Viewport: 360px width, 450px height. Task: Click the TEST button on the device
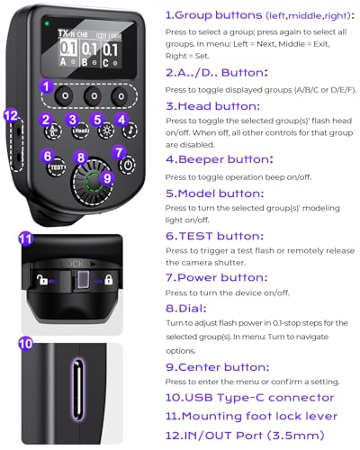(x=57, y=166)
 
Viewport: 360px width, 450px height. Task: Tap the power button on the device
(x=128, y=166)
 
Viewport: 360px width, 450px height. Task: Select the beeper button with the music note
(x=130, y=130)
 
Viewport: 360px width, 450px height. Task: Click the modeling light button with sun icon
(x=105, y=130)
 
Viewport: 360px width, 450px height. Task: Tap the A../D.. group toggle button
(x=53, y=131)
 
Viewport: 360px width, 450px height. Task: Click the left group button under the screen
(x=65, y=96)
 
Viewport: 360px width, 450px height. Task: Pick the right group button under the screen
(x=121, y=96)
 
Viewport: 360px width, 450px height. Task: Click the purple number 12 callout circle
(x=11, y=115)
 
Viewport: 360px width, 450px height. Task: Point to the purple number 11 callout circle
(x=26, y=239)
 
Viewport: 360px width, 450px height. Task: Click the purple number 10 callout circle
(x=26, y=343)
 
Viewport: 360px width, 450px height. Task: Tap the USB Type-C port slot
(x=77, y=390)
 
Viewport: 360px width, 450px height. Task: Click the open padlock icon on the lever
(x=42, y=280)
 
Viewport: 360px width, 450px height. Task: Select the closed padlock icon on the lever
(x=108, y=280)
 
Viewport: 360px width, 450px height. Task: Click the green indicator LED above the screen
(x=47, y=23)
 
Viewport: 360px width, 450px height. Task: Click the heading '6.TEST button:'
(x=214, y=236)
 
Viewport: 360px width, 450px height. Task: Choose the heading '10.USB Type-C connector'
(x=250, y=398)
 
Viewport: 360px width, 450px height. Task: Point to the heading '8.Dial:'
(x=186, y=308)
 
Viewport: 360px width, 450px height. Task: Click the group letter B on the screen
(x=85, y=62)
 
